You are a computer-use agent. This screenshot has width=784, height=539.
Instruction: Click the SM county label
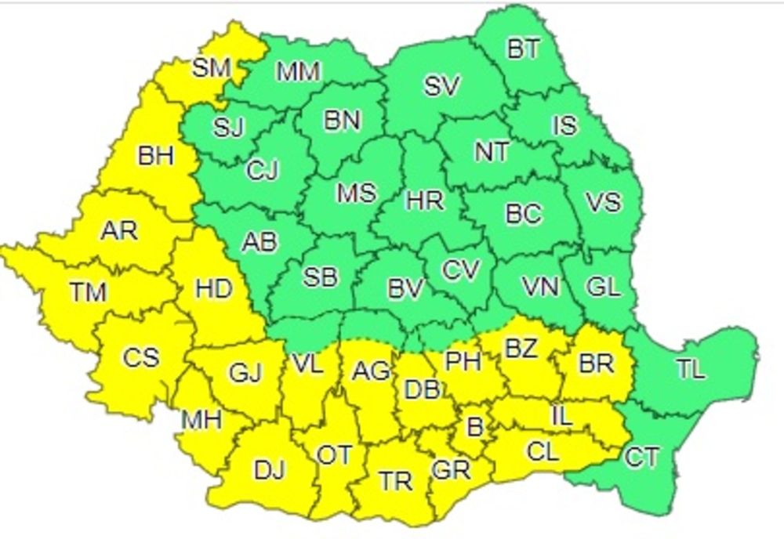click(x=211, y=67)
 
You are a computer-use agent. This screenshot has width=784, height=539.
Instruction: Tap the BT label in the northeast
click(x=523, y=49)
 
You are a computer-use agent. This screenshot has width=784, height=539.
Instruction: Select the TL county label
click(x=690, y=370)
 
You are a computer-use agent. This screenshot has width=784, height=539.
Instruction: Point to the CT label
click(x=641, y=457)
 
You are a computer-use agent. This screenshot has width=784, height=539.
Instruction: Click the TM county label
click(x=87, y=293)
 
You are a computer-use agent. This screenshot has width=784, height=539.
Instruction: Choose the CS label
click(x=140, y=357)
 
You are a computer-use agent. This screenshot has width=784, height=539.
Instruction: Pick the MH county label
click(x=201, y=420)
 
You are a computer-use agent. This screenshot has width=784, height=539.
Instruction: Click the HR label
click(x=425, y=201)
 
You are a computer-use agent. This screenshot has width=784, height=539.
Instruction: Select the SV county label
click(x=442, y=85)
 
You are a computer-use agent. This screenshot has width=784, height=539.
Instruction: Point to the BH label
click(x=154, y=156)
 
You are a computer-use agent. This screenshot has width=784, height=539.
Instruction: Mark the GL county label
click(x=602, y=287)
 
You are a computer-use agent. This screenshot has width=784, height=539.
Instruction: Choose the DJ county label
click(x=269, y=470)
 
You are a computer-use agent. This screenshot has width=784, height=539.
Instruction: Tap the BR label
click(x=595, y=364)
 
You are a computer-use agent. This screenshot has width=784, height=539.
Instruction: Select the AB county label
click(x=260, y=242)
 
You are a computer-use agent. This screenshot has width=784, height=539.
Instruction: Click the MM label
click(x=299, y=72)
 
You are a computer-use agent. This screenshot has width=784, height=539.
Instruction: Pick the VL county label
click(x=307, y=363)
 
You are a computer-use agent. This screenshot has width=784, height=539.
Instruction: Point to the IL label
click(x=561, y=416)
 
